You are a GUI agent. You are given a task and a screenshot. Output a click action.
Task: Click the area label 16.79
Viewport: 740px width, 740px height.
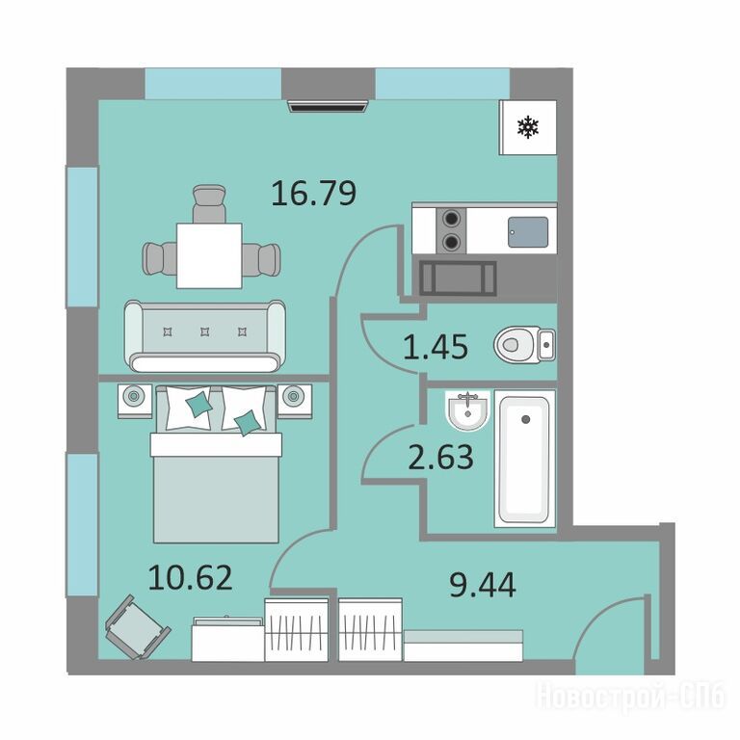click(x=314, y=194)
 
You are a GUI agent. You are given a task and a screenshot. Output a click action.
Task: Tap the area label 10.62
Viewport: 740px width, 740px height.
click(x=190, y=578)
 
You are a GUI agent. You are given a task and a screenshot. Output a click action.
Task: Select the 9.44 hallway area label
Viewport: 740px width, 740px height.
click(x=483, y=584)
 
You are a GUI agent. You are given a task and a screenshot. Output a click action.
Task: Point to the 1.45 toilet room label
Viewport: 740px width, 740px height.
click(x=436, y=347)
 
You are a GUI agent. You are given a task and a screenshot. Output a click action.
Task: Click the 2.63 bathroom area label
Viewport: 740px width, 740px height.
click(x=440, y=457)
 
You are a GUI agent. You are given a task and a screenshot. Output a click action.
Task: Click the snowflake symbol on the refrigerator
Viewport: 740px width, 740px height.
click(x=528, y=127)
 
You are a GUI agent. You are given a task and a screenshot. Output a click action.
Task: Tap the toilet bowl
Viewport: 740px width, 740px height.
click(x=524, y=345)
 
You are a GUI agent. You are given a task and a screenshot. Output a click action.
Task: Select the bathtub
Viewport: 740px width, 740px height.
click(x=524, y=459)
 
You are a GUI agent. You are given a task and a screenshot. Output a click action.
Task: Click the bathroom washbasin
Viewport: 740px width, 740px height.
click(x=467, y=410)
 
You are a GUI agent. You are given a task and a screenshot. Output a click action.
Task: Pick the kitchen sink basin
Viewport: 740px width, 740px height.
click(x=528, y=231)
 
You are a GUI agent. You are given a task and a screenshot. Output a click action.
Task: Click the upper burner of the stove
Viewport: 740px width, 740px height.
click(x=452, y=219)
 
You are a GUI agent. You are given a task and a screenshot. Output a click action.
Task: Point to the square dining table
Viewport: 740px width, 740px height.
click(x=209, y=255)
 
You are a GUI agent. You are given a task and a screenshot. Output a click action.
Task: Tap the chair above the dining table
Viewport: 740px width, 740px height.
click(x=208, y=203)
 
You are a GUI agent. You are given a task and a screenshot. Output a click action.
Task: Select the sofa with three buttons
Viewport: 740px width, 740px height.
click(x=205, y=336)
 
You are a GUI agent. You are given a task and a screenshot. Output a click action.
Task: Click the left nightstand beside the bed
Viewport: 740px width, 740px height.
click(x=135, y=401)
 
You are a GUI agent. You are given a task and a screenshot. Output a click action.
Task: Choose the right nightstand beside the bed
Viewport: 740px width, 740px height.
click(x=295, y=401)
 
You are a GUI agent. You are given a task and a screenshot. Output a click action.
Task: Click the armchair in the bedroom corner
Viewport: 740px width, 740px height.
click(x=137, y=626)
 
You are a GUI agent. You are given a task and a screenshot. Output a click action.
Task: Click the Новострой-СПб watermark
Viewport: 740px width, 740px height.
click(x=630, y=696)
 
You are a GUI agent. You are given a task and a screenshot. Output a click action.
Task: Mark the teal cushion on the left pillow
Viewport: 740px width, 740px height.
click(x=198, y=404)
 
